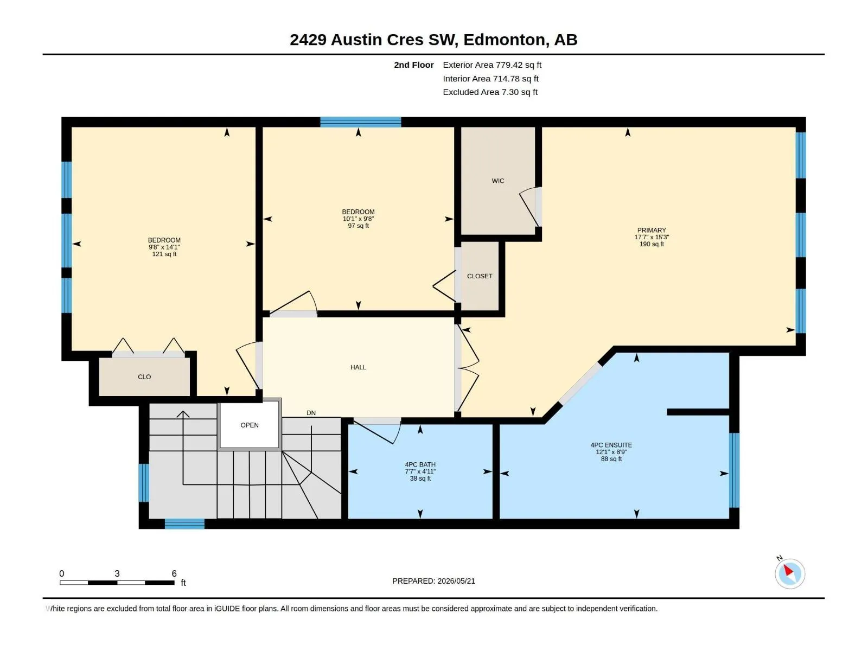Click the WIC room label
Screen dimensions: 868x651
tap(498, 181)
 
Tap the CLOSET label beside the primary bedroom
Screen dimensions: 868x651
tap(480, 276)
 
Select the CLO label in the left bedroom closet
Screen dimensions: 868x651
tap(144, 377)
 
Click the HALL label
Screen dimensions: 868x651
tap(358, 368)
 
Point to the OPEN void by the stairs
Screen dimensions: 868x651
tap(250, 425)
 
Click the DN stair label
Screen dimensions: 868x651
tap(311, 413)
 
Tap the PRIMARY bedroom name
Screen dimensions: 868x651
tap(652, 231)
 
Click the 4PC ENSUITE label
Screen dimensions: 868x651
tap(611, 445)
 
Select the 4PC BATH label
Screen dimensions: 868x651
tap(420, 465)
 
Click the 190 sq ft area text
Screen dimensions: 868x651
tap(652, 244)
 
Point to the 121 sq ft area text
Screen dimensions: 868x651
tap(164, 254)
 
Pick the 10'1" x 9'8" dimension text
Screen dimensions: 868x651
tap(358, 219)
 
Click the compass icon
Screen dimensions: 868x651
tap(790, 573)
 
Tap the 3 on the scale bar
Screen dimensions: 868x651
tap(117, 573)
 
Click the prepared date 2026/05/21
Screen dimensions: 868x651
tap(456, 581)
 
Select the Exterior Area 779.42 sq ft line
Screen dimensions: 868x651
tap(492, 65)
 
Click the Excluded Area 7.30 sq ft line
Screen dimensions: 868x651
tap(490, 92)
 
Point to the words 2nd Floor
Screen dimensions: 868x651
tap(413, 65)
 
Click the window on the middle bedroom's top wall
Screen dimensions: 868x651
tap(361, 122)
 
